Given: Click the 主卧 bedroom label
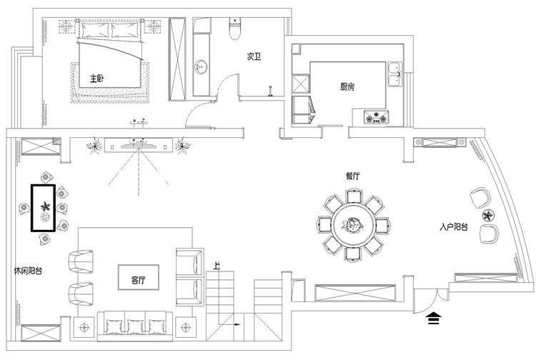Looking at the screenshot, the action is tap(96, 79).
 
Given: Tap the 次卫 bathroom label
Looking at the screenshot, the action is tap(254, 56).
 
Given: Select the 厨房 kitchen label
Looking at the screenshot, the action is tap(347, 86).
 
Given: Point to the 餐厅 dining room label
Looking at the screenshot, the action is tap(352, 176).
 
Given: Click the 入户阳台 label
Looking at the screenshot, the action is tap(454, 226).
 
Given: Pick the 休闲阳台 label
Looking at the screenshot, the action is tap(29, 271).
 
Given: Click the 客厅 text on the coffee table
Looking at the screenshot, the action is tap(139, 281).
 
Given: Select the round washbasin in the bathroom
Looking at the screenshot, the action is tap(201, 67).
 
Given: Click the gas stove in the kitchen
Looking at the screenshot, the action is tap(376, 117).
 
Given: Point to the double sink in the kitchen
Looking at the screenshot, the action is tap(394, 74).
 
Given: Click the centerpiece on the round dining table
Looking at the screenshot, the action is tap(352, 225).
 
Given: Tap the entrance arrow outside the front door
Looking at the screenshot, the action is tap(434, 318).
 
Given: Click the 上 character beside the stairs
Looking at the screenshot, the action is tap(217, 266).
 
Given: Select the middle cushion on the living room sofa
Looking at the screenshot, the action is tap(136, 327).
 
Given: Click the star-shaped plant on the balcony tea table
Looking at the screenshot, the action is tap(45, 206).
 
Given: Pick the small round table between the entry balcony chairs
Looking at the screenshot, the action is tap(487, 215).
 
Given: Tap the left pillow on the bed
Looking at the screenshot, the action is tap(94, 30).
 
